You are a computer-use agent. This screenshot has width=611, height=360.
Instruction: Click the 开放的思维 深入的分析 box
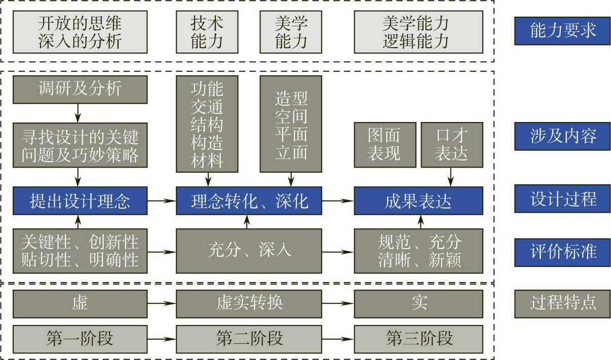pos(80,32)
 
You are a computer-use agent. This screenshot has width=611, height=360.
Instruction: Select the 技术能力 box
pos(207,32)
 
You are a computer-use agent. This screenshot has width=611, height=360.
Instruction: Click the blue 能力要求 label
pos(562,31)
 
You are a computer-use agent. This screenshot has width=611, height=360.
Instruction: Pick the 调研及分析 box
pos(80,89)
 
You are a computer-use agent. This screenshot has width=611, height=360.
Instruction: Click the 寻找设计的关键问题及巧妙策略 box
pos(80,145)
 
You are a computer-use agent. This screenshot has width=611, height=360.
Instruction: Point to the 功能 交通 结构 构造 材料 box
pos(207,124)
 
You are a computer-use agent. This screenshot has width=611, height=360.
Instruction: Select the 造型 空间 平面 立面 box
pos(291,124)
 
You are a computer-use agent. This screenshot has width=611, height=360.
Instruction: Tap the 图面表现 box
pos(385,145)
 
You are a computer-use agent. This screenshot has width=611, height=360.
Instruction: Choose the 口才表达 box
pos(451,145)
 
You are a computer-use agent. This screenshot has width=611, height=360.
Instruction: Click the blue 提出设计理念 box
pos(80,201)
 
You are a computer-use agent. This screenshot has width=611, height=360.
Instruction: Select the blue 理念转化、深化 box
pos(249,201)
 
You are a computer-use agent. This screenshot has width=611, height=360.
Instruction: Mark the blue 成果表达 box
pos(418,201)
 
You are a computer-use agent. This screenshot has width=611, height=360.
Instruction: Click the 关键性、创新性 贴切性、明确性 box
pos(80,251)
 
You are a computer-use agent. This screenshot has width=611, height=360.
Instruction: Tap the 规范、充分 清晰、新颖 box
pos(418,251)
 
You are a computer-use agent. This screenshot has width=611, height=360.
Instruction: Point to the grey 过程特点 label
pos(562,303)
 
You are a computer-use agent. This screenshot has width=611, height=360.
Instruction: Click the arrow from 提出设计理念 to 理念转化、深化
pos(162,201)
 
